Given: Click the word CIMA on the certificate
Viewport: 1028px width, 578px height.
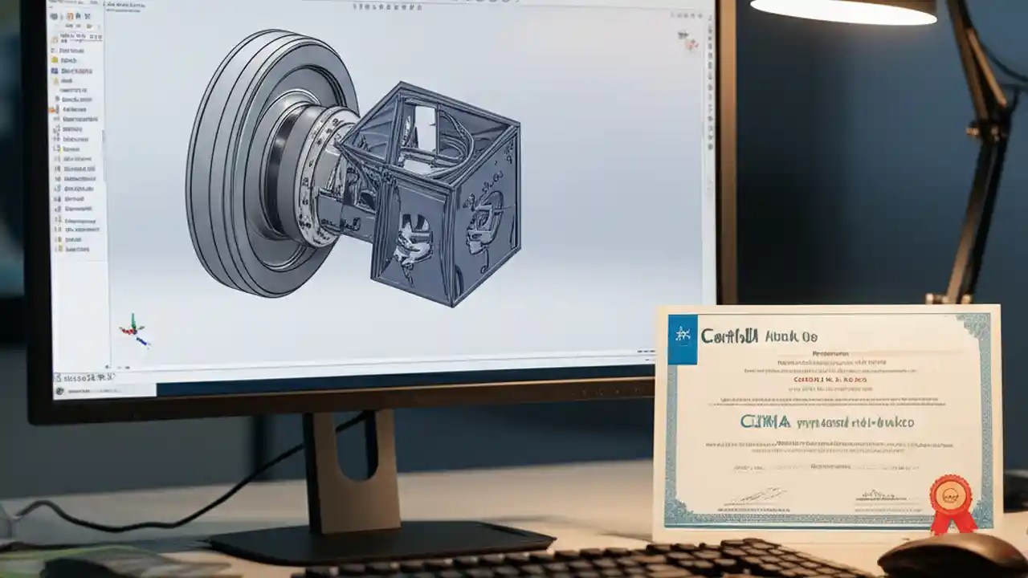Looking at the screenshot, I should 764,421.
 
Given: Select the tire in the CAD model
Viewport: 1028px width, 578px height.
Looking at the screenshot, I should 241,161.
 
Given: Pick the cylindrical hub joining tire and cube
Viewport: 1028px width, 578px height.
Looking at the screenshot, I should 317,173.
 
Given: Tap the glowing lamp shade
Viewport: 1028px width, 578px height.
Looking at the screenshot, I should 843,10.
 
